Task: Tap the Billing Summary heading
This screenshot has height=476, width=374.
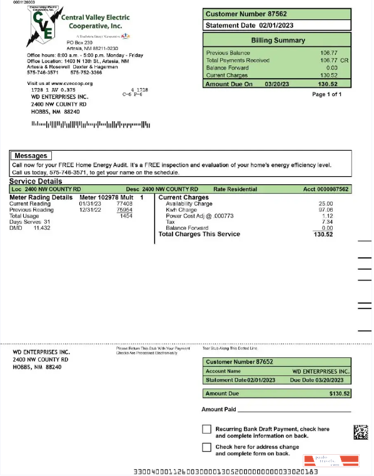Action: (x=278, y=40)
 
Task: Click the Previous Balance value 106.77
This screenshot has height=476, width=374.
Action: (x=328, y=53)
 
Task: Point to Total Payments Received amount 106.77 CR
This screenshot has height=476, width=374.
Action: (x=332, y=61)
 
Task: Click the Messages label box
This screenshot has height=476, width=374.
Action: (x=31, y=156)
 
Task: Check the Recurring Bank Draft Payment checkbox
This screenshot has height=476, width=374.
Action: (x=206, y=429)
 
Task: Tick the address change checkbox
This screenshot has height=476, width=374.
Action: (x=206, y=447)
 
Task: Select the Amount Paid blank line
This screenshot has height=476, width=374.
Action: (x=294, y=410)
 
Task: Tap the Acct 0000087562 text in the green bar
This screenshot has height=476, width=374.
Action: (x=326, y=189)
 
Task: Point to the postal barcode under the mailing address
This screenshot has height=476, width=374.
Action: (x=91, y=124)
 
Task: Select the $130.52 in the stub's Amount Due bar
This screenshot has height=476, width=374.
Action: (x=340, y=394)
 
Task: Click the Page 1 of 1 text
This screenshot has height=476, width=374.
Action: (x=326, y=94)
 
